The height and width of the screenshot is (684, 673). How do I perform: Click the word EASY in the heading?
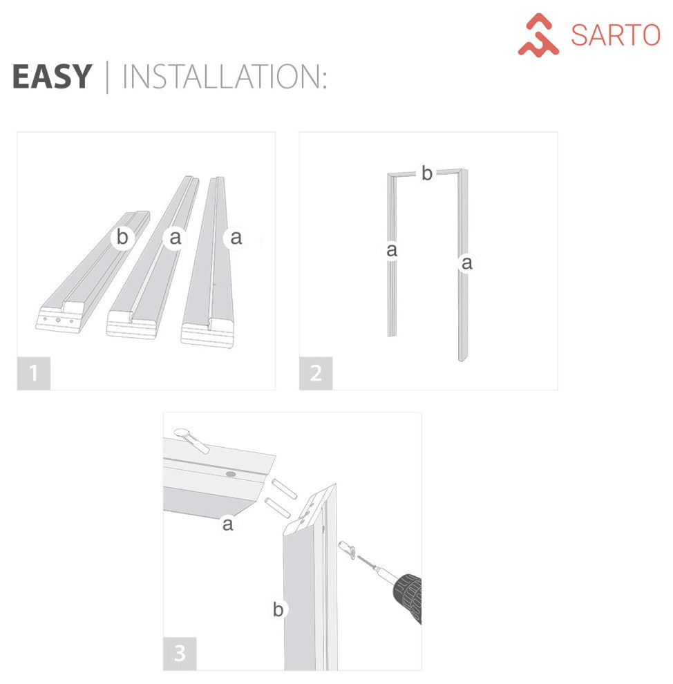52,76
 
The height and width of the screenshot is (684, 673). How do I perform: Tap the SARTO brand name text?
615,35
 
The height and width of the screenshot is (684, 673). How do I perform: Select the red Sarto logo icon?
538,35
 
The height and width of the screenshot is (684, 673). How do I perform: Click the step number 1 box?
34,373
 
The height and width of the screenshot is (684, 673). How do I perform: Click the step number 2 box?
316,373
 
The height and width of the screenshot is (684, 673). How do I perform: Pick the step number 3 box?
180,654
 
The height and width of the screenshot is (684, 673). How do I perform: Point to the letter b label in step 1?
122,237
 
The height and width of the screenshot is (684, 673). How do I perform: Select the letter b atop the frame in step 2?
427,173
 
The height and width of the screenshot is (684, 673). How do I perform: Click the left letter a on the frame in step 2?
392,250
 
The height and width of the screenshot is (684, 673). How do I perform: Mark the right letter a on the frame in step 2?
466,263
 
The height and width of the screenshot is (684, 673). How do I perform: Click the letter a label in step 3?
227,524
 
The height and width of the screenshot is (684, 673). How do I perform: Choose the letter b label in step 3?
278,609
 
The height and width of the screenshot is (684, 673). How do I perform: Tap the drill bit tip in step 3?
358,557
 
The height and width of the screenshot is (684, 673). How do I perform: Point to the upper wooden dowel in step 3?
284,488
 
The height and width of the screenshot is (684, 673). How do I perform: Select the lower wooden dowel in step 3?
277,508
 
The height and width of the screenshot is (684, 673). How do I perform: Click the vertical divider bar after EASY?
107,77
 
